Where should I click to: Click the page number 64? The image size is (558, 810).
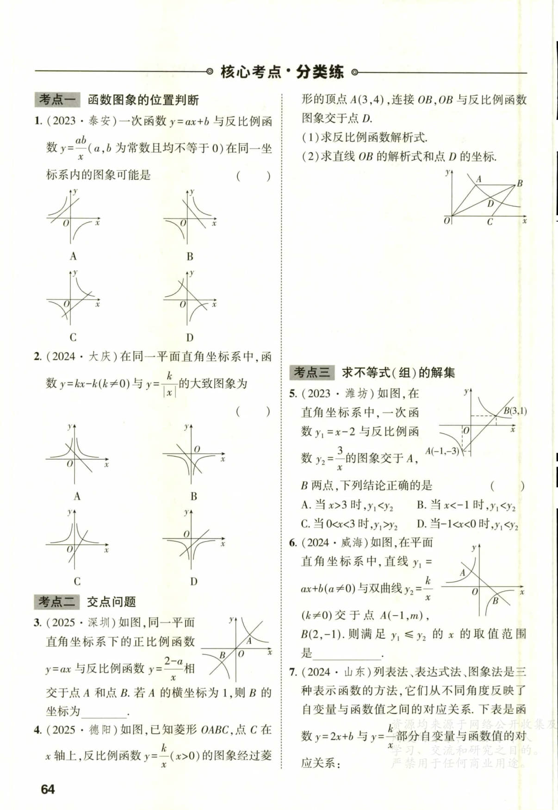point(48,789)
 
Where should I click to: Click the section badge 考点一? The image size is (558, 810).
point(57,100)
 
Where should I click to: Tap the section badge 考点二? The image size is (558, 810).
point(56,602)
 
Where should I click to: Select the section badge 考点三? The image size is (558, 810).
point(312,372)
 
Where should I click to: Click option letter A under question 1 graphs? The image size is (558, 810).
point(73,256)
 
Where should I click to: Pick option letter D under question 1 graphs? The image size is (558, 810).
point(190,337)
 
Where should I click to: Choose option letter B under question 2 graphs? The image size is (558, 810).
point(194,496)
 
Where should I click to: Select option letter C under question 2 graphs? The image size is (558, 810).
point(77,581)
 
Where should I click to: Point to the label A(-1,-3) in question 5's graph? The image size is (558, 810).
point(442,451)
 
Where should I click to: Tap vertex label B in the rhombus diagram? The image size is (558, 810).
point(520,183)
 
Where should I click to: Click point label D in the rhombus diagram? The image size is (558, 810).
point(490,203)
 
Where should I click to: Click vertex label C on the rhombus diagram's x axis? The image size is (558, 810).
point(490,222)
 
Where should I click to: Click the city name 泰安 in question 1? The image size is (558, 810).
point(99,121)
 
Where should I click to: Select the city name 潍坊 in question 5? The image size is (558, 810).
point(356,393)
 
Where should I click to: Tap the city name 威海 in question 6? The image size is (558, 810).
point(352,542)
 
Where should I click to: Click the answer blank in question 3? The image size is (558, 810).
point(104,712)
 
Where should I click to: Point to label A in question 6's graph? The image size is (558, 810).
point(462,573)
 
